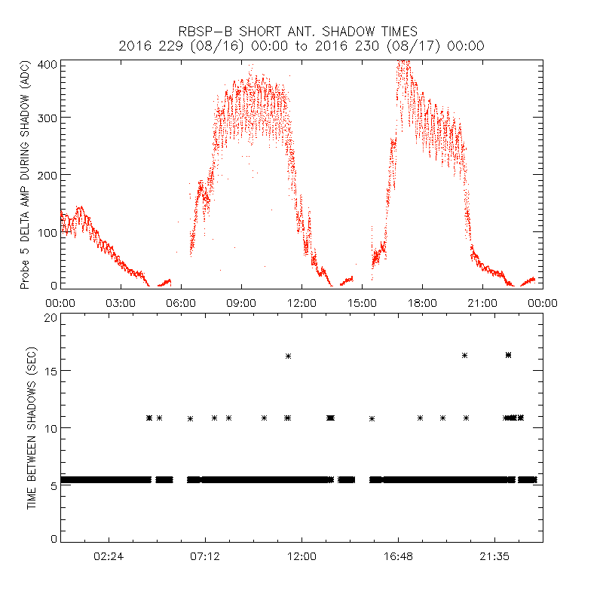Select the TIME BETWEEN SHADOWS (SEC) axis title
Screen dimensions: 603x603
coord(32,426)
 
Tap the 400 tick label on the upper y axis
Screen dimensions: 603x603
coord(47,63)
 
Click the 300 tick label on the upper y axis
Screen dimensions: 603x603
coord(47,118)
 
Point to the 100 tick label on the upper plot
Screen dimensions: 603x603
coord(47,231)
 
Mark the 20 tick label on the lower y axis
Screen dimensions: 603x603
coord(51,317)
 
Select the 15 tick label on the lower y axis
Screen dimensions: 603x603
coord(51,371)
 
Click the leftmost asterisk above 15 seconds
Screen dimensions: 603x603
coord(288,356)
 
